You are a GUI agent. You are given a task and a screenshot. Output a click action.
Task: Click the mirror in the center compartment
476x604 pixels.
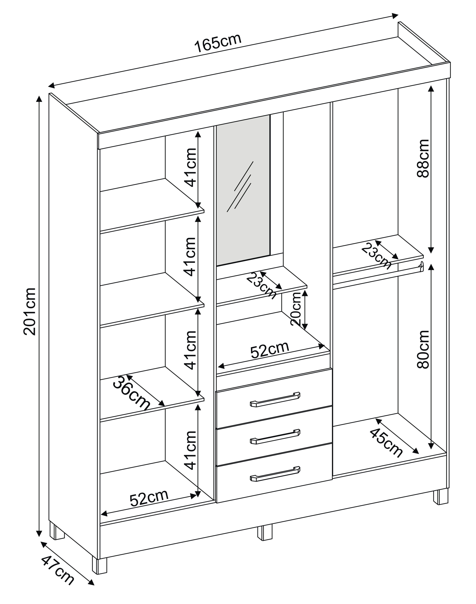[243, 189]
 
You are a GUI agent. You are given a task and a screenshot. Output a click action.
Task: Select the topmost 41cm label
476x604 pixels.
[191, 167]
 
